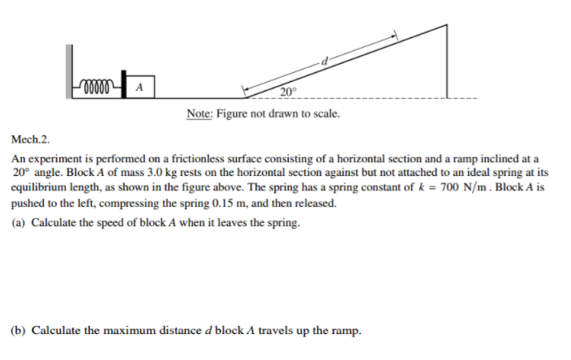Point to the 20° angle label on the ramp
[290, 91]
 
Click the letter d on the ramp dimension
[324, 62]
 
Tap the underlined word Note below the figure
[198, 114]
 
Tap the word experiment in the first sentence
[56, 159]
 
